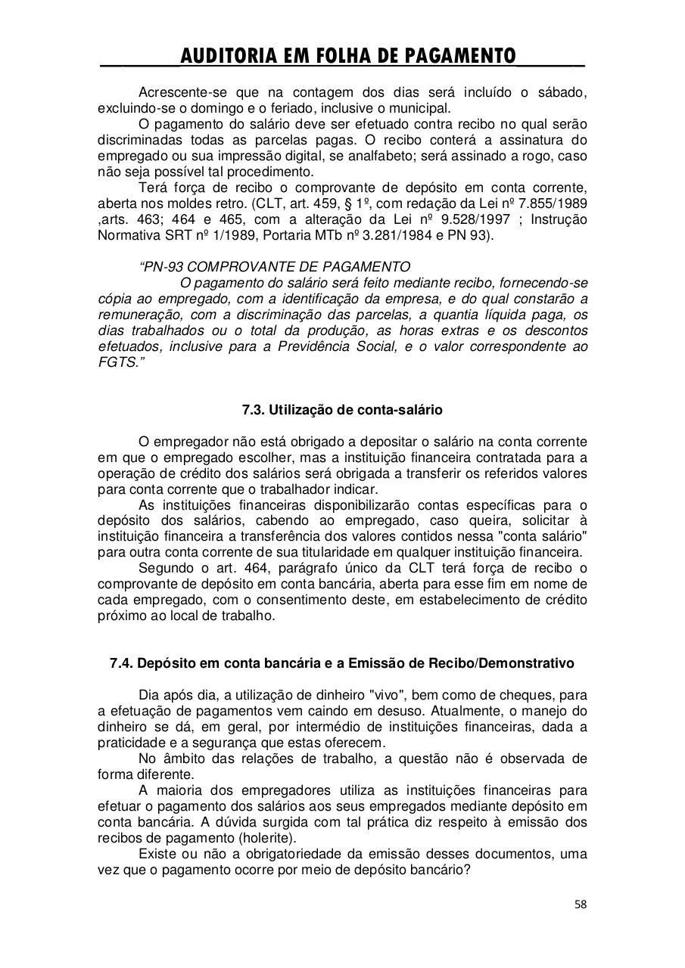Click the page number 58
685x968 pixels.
pyautogui.click(x=581, y=904)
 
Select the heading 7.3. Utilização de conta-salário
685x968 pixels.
pyautogui.click(x=342, y=410)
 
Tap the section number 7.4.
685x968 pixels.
pyautogui.click(x=122, y=663)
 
